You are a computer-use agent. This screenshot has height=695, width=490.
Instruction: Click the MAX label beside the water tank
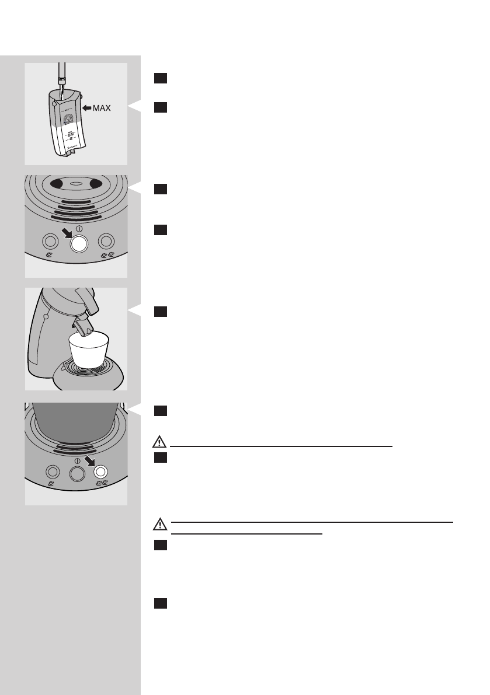point(100,108)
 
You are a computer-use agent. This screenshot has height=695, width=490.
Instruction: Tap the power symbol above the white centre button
point(78,228)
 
